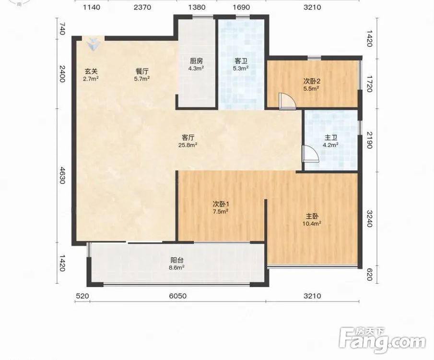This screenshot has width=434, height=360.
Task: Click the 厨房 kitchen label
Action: [x=196, y=60]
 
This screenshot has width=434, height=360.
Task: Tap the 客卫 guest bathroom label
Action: [x=241, y=60]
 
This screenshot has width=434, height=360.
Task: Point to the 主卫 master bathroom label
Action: [x=331, y=138]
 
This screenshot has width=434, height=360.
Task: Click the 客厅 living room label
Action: [x=188, y=137]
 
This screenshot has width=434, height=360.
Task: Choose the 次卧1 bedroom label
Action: [x=221, y=204]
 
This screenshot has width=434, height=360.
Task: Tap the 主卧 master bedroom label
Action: [x=312, y=216]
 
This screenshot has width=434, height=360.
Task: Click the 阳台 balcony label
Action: [x=177, y=260]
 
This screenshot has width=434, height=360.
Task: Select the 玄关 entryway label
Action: [x=91, y=71]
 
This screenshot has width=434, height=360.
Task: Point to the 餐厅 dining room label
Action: [x=142, y=71]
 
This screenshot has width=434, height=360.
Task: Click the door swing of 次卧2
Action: [x=287, y=101]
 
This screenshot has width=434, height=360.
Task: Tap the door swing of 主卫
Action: [x=310, y=154]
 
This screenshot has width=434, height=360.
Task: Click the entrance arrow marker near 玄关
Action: [x=93, y=45]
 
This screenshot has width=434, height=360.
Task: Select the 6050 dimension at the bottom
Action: [x=178, y=296]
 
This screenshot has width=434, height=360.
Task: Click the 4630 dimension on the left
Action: [x=62, y=175]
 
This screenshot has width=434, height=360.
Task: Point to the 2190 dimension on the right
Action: [x=369, y=140]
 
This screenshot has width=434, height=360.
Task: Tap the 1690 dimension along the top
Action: [x=241, y=7]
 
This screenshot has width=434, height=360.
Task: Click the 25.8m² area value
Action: [x=188, y=144]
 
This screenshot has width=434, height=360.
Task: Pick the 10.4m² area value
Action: [x=312, y=223]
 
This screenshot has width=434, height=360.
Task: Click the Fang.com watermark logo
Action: [x=382, y=340]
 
